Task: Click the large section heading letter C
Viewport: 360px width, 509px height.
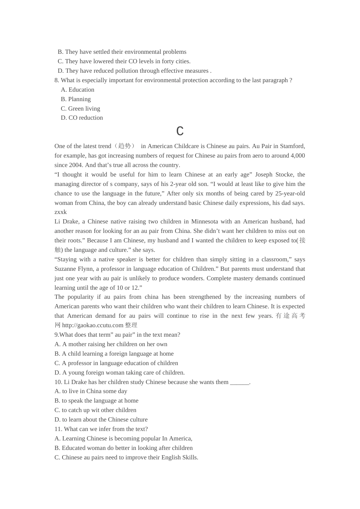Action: (180, 131)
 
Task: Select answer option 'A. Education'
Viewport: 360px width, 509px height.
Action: (77, 90)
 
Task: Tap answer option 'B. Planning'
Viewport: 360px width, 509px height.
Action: (76, 99)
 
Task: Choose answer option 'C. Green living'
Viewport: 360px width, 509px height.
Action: (80, 109)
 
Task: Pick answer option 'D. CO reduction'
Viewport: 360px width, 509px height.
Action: (82, 118)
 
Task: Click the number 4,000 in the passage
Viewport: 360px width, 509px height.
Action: (297, 156)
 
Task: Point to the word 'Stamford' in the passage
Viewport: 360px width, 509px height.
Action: (292, 146)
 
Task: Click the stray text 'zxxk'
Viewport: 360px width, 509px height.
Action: (61, 212)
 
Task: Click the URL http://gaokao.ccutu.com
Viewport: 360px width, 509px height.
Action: (92, 325)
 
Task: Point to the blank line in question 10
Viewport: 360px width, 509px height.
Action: (239, 382)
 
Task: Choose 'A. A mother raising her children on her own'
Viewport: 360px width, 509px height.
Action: (111, 344)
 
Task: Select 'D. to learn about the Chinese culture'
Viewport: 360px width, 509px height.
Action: (101, 420)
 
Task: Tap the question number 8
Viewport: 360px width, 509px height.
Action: (57, 80)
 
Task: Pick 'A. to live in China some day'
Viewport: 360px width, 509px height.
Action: (91, 391)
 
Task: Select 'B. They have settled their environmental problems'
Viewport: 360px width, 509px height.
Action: (122, 52)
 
